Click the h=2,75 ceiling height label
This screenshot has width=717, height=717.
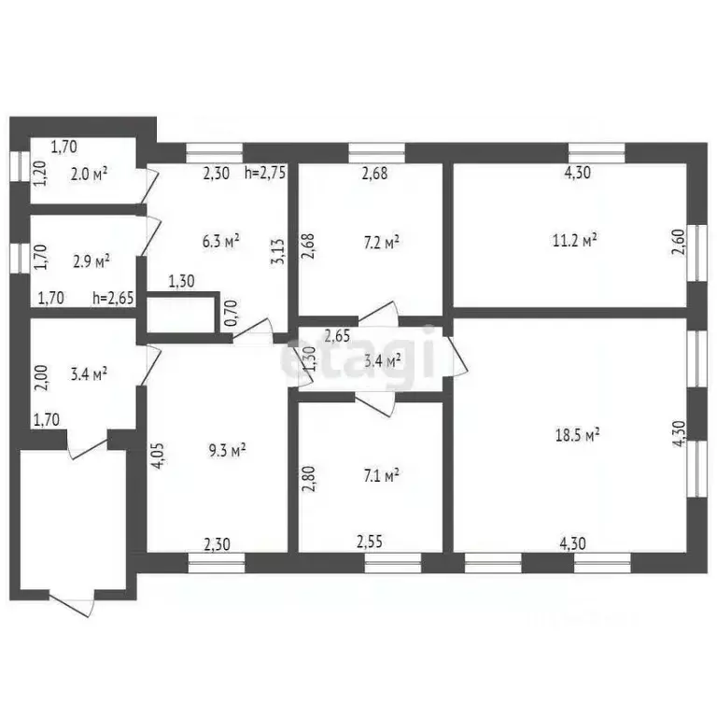(x=264, y=173)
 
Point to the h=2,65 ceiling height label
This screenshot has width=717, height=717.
(x=113, y=299)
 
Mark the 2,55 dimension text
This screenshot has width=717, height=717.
(x=373, y=539)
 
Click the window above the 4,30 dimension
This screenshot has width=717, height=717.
(x=597, y=149)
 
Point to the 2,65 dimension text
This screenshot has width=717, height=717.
(x=338, y=337)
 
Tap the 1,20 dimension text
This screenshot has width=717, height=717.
(x=39, y=174)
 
